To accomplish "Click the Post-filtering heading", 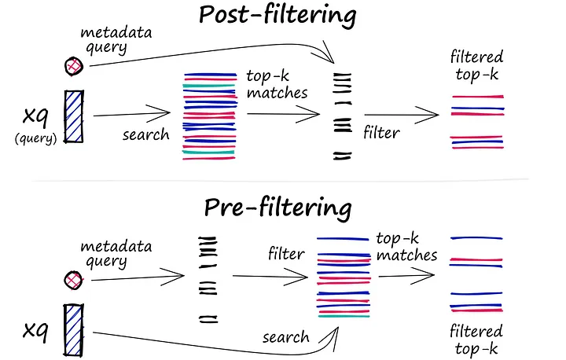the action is [277, 15].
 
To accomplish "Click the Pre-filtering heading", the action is [277, 208].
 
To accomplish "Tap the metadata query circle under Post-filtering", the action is [74, 67].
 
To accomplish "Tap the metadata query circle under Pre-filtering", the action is [73, 280].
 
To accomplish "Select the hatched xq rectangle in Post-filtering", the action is [74, 116].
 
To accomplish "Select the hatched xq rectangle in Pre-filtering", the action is [74, 330].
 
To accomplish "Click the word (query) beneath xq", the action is [35, 138].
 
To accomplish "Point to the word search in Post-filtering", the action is [146, 134].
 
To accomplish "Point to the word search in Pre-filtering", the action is [286, 337].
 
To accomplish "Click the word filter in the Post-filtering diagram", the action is [381, 133].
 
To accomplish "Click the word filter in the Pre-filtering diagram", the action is [286, 253].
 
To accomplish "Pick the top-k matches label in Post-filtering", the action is [277, 84].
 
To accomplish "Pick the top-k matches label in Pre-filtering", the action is [407, 247].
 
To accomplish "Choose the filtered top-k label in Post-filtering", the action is [476, 66].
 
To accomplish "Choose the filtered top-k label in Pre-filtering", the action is [476, 340].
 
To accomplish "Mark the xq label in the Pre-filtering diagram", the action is [35, 330].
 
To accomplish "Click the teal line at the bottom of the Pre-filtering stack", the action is [344, 316].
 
